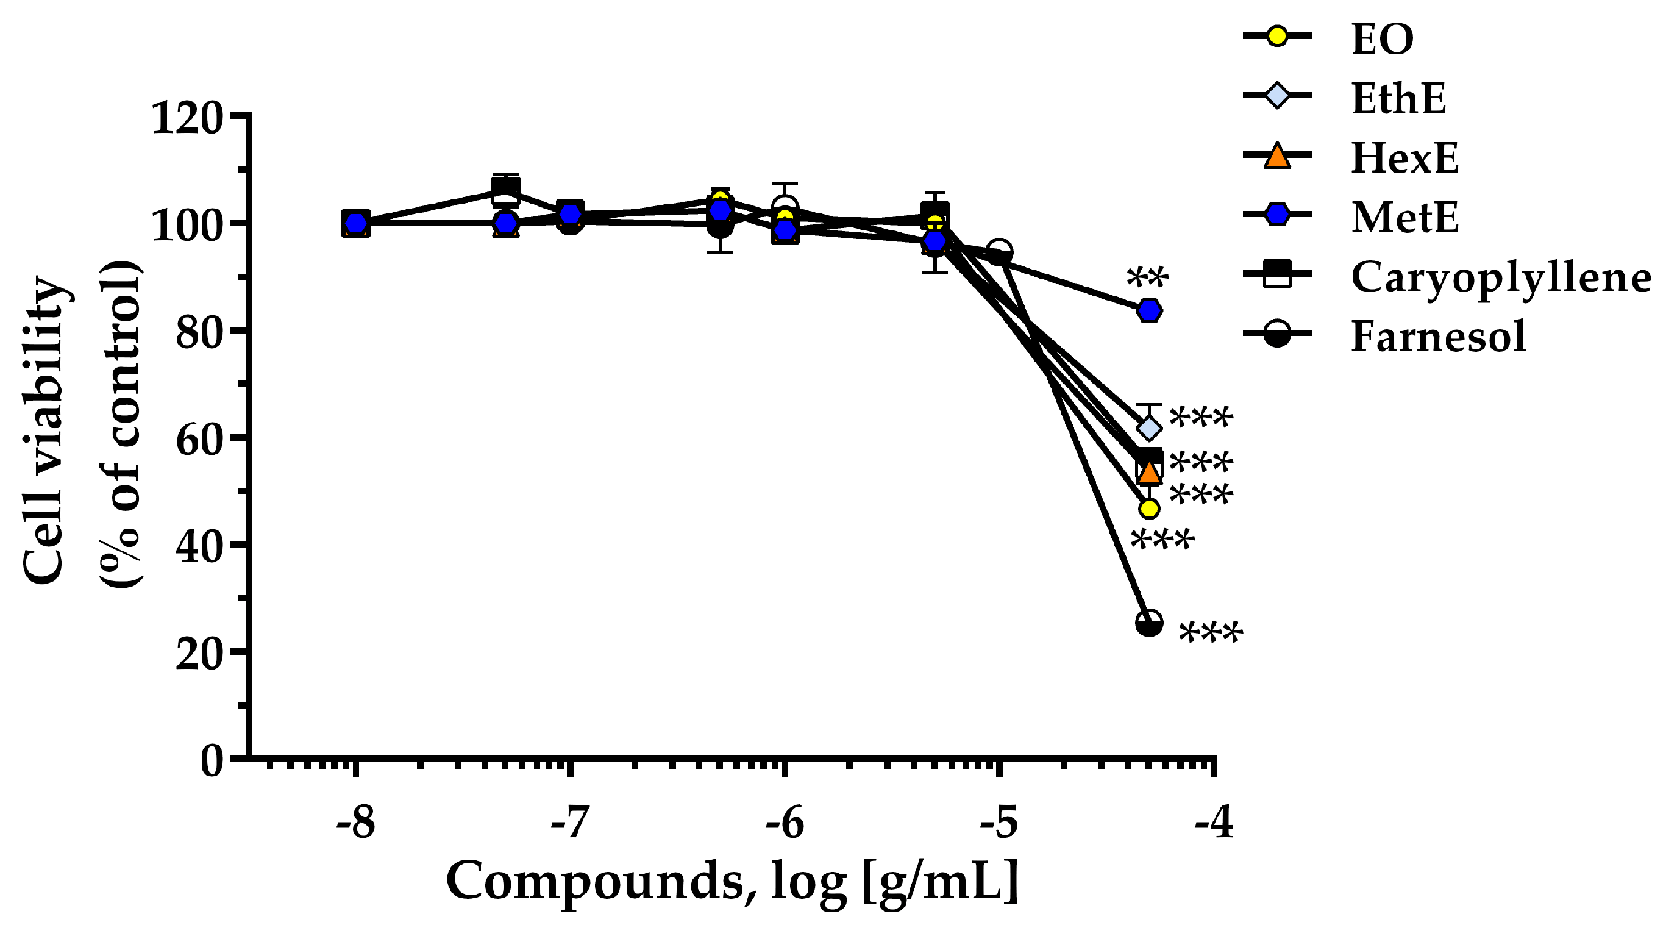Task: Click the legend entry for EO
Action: pos(1381,39)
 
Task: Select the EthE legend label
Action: pos(1398,98)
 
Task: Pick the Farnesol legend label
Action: pos(1439,337)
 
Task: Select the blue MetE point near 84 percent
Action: pos(1149,310)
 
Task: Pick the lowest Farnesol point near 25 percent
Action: pos(1149,623)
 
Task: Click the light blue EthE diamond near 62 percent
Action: pos(1149,428)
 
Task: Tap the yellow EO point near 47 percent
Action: pos(1149,509)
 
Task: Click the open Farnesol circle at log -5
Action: pos(999,251)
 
